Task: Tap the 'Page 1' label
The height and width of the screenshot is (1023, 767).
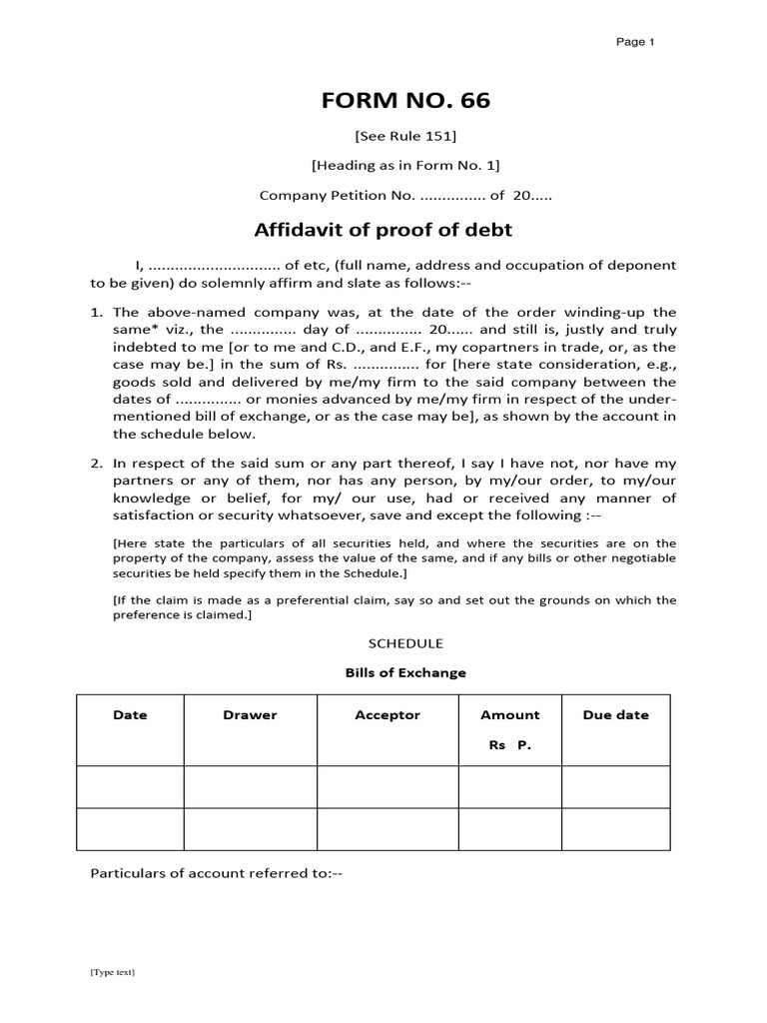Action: tap(634, 42)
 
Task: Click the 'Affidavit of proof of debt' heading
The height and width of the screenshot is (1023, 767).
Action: tap(383, 230)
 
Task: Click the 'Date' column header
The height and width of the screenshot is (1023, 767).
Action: tap(130, 715)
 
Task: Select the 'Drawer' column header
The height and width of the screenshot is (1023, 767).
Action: tap(250, 715)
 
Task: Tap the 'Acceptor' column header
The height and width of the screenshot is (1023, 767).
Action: tap(387, 715)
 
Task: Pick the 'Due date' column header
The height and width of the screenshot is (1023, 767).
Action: tap(615, 715)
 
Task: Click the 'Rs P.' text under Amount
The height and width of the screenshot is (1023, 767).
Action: tap(509, 745)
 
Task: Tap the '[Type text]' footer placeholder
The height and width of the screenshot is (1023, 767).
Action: tap(113, 971)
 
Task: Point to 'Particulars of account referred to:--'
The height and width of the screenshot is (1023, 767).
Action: tap(217, 872)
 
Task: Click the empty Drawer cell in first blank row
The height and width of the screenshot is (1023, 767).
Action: tap(250, 786)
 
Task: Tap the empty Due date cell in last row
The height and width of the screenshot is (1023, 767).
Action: tap(615, 829)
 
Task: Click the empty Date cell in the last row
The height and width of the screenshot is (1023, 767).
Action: tap(130, 829)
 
